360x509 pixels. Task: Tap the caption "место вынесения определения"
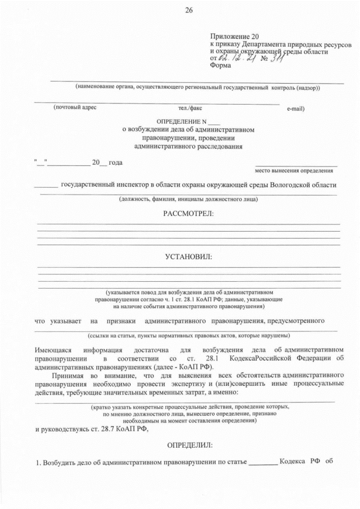pos(294,170)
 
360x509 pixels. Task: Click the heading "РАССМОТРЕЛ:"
pos(188,214)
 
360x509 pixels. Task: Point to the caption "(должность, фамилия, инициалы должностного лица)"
pos(188,199)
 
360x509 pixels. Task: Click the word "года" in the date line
pos(115,163)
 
